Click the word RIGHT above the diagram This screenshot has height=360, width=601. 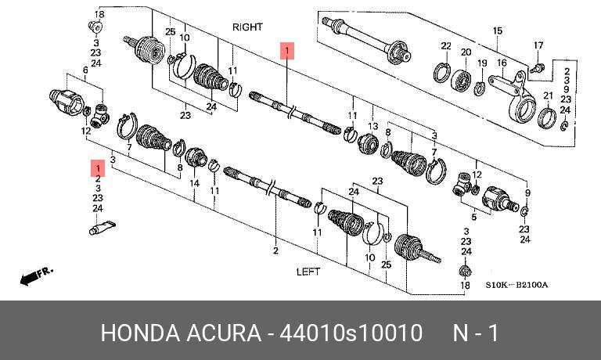point(248,27)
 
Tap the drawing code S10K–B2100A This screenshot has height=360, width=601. point(516,285)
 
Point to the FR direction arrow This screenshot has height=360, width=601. point(36,275)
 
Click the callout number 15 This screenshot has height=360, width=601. point(496,31)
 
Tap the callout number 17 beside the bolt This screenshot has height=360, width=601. point(538,45)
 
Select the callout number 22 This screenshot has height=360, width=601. point(445,45)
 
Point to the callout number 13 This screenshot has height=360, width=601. point(373,126)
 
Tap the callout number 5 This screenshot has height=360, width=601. point(473,218)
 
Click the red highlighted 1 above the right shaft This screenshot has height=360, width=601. point(287,52)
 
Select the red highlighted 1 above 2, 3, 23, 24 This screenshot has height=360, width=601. point(98,168)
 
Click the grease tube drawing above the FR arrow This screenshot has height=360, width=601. point(101,228)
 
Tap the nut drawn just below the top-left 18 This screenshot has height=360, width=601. point(98,29)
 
